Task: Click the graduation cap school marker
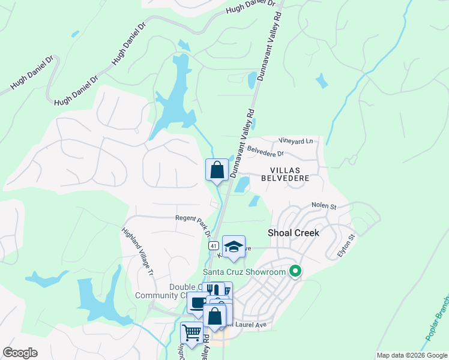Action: click(234, 247)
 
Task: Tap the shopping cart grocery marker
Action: click(191, 332)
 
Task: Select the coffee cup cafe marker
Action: click(197, 302)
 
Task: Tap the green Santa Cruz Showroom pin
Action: click(295, 272)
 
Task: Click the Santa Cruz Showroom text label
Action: click(244, 272)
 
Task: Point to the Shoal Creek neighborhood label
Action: click(293, 232)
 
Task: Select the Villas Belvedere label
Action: click(285, 174)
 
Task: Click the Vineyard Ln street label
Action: click(296, 141)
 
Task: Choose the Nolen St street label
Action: click(324, 206)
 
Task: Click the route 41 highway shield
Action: click(213, 246)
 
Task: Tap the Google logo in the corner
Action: click(20, 353)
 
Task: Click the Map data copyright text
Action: click(412, 355)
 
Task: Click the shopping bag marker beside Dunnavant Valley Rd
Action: click(217, 170)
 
